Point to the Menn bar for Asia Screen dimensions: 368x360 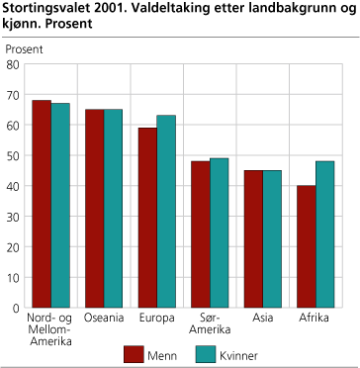pos(253,239)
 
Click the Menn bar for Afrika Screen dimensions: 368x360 pos(307,247)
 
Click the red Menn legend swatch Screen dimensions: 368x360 pos(135,353)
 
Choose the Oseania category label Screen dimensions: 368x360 pos(104,319)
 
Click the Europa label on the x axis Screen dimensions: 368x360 pos(157,319)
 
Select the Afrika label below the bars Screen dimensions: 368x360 pos(316,319)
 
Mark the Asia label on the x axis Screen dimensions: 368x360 pos(263,319)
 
